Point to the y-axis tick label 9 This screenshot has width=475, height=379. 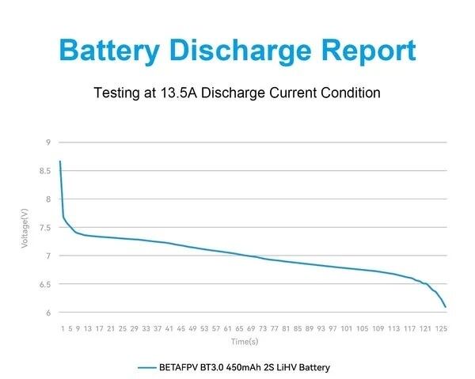(x=48, y=142)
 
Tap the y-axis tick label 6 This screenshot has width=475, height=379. (x=48, y=313)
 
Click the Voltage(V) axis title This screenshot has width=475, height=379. (x=25, y=228)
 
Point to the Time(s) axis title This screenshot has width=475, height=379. (x=245, y=342)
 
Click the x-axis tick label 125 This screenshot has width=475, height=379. (x=441, y=328)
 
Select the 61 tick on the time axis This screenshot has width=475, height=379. (x=228, y=328)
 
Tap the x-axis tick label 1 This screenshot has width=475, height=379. (x=62, y=328)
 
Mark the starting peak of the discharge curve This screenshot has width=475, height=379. (x=60, y=161)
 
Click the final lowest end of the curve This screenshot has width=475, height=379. (x=446, y=306)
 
